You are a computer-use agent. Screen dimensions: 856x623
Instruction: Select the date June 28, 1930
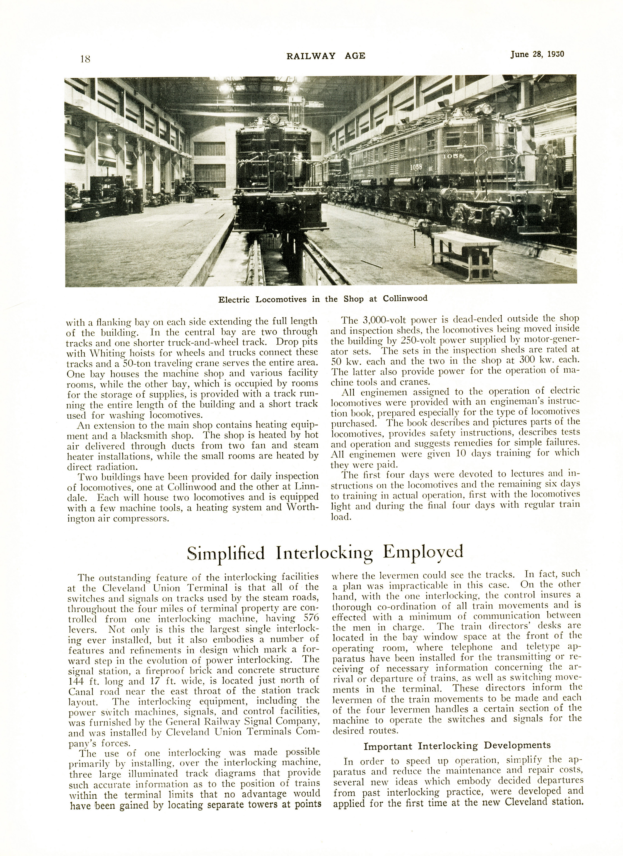point(537,54)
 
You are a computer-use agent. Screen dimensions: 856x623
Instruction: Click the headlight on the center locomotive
point(273,120)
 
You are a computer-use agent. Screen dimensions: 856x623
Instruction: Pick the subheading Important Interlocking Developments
point(457,746)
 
